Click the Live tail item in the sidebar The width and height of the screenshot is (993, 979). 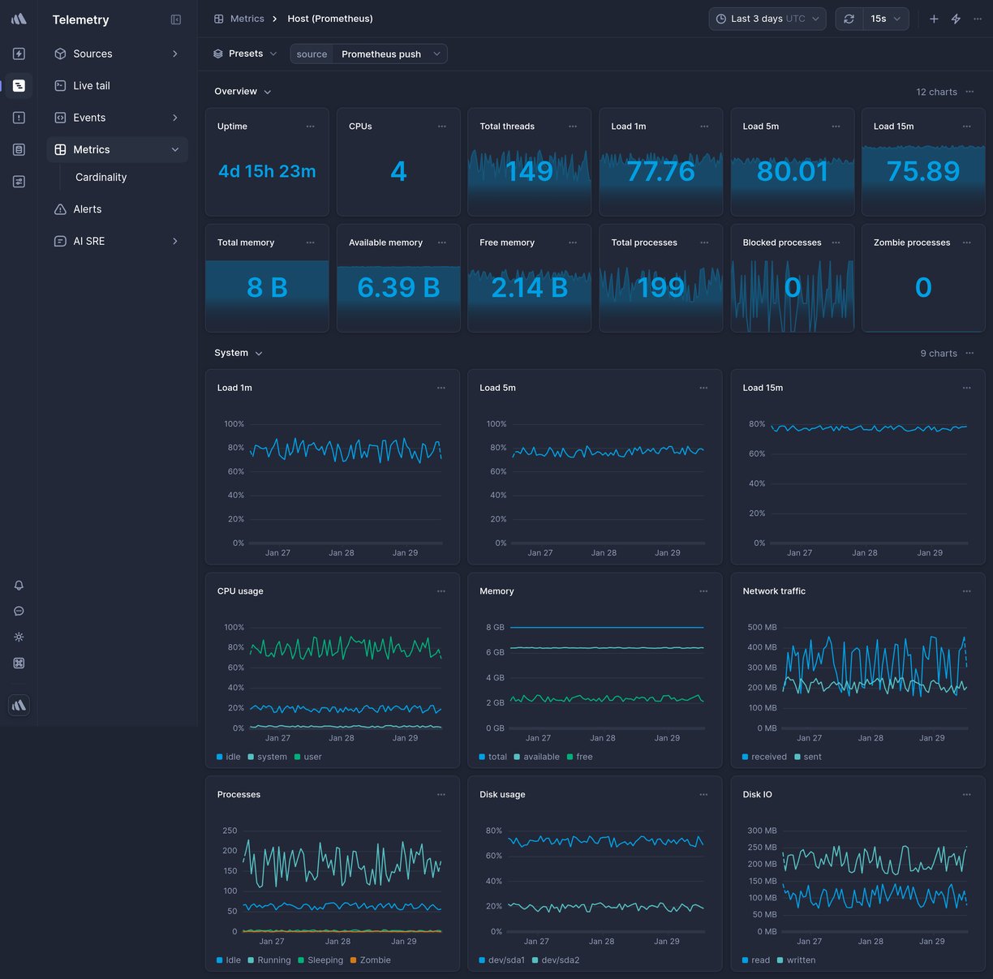point(91,85)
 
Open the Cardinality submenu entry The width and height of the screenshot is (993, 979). point(101,177)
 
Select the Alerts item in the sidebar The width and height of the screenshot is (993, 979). point(87,209)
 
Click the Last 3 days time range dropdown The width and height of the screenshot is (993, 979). point(767,19)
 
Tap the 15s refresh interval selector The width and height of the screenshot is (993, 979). point(885,19)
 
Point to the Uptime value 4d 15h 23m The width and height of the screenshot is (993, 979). point(267,171)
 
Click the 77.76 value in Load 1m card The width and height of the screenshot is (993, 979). point(660,171)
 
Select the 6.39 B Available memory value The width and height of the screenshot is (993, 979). point(398,287)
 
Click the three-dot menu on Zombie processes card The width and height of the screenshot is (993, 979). point(966,243)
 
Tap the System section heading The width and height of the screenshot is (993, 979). point(231,353)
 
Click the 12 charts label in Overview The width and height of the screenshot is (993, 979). point(936,92)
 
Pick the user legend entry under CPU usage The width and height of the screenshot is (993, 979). point(312,757)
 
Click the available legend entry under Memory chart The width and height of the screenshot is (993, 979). point(541,757)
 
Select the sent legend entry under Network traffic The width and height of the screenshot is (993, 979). point(812,757)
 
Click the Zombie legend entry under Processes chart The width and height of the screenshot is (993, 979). point(375,960)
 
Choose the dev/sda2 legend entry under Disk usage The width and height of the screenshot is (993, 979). point(560,960)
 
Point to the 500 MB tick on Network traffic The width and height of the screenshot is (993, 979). point(762,627)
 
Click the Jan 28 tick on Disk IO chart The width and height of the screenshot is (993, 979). point(870,942)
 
